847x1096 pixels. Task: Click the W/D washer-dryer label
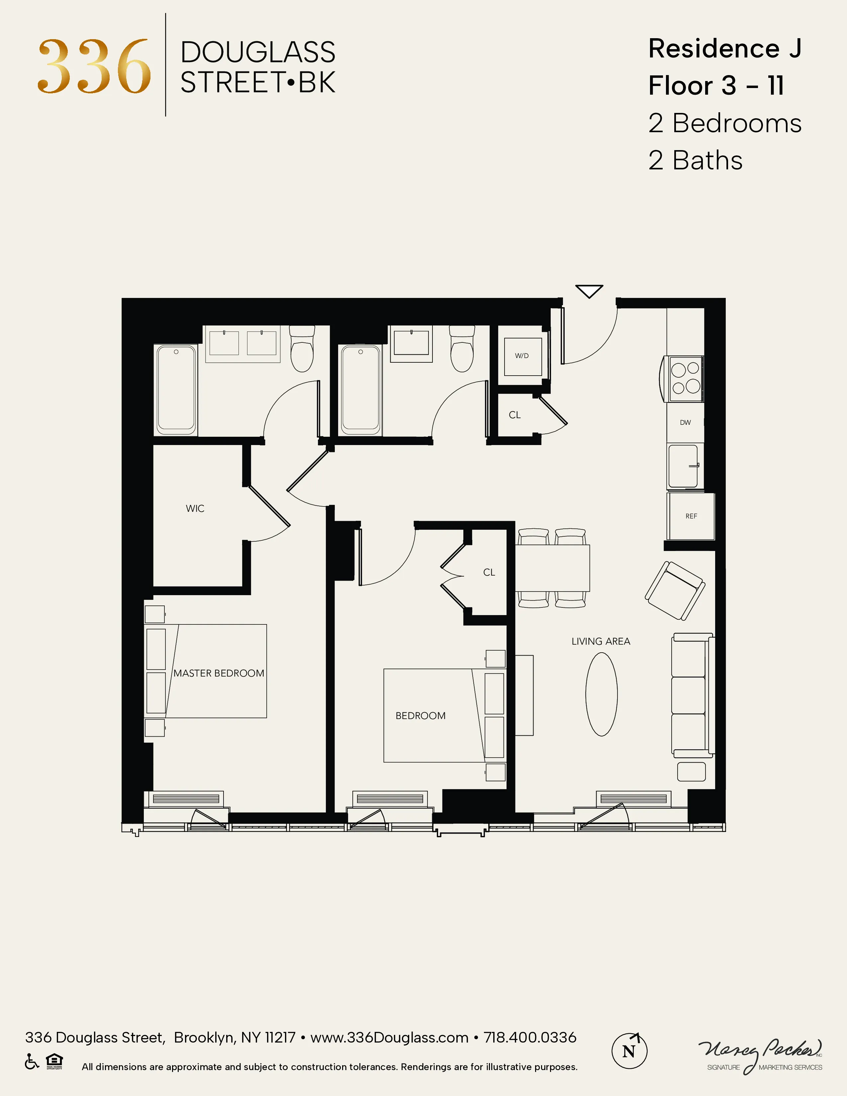click(x=522, y=356)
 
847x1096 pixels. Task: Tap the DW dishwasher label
click(x=686, y=422)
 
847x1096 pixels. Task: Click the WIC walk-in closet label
click(x=195, y=508)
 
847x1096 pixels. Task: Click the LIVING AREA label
click(x=601, y=641)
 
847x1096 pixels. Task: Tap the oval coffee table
click(x=602, y=694)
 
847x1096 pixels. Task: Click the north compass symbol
click(x=629, y=1050)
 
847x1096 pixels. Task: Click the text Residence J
click(x=724, y=49)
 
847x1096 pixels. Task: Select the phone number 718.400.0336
click(x=530, y=1037)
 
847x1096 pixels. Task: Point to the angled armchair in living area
click(x=675, y=591)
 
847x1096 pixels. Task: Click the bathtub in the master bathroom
click(x=176, y=390)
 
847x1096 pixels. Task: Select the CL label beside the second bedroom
click(x=489, y=573)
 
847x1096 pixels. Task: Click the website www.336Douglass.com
click(x=389, y=1037)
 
